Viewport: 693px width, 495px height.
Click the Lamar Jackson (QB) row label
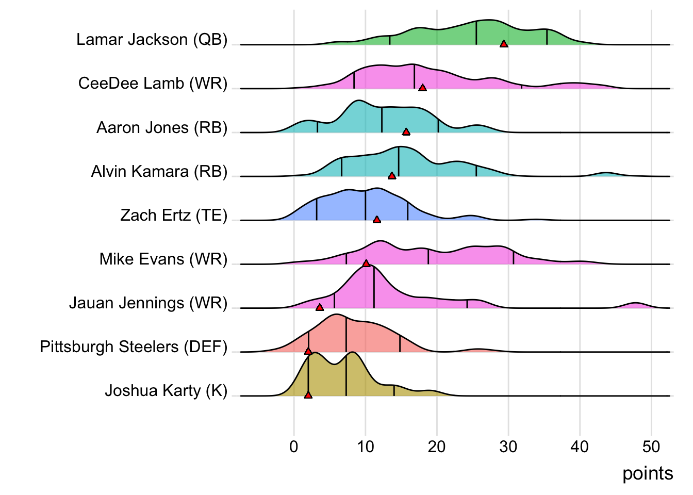152,40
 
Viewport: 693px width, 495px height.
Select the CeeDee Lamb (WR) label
153,84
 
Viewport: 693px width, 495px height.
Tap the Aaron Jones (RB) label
162,128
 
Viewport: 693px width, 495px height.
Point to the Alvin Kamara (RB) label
159,172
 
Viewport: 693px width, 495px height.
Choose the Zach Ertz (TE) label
174,216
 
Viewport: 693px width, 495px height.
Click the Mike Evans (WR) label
163,259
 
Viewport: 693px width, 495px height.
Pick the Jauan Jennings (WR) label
148,303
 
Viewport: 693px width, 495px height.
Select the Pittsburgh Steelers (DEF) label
134,347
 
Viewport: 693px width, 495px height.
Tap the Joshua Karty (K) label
166,391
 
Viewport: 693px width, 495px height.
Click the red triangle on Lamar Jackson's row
504,44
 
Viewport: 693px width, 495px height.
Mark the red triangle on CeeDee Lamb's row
422,88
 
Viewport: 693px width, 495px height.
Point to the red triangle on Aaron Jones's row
406,131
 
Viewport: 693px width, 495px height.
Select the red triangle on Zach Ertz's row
376,220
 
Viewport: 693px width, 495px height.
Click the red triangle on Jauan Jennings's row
320,307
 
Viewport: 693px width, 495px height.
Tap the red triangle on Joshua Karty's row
308,395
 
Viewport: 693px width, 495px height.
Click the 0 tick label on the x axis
294,447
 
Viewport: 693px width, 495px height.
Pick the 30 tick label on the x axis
508,447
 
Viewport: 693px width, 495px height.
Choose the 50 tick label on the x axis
651,447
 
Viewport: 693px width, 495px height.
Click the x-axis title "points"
648,473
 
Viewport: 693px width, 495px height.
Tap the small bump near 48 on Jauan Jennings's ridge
636,305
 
